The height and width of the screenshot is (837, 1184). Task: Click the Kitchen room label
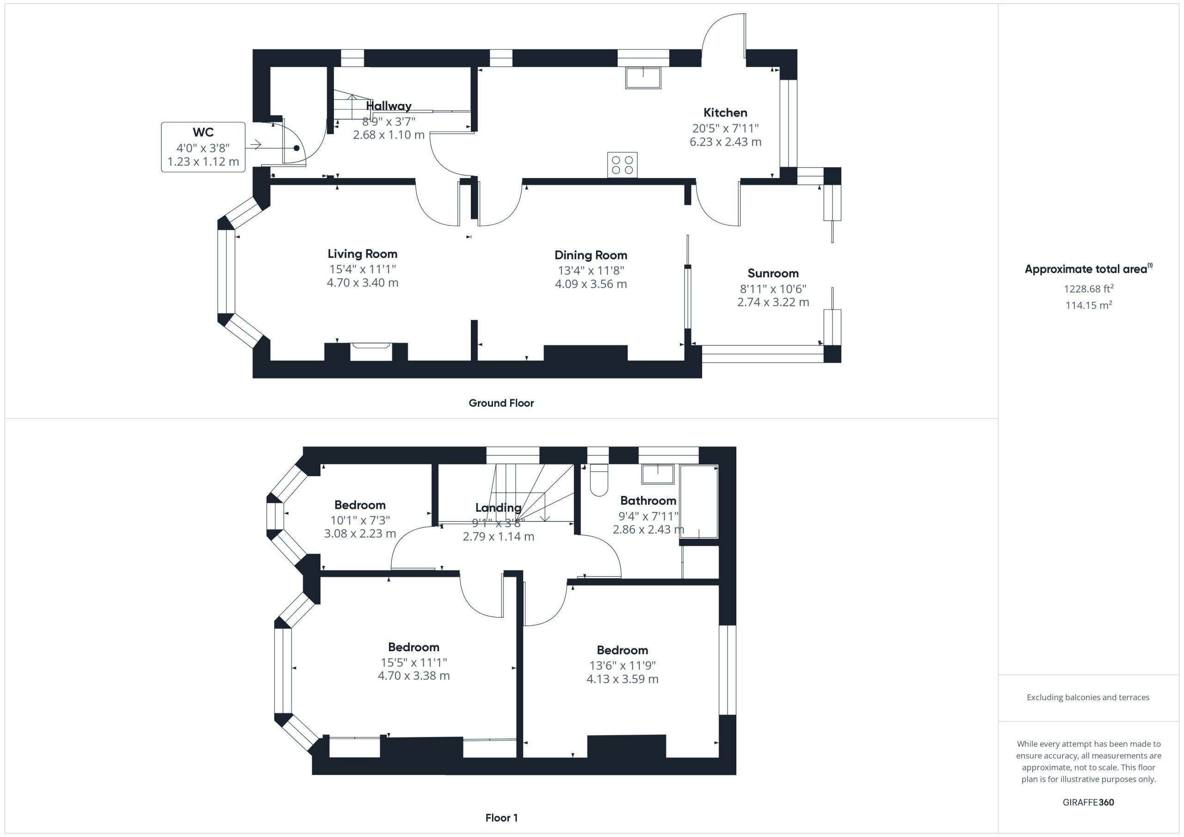pos(725,112)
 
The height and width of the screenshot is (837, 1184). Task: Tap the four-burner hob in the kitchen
pos(623,165)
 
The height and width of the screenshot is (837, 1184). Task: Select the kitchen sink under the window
pos(643,78)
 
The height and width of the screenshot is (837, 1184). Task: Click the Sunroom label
pos(773,273)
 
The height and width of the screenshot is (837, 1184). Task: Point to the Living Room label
pos(363,254)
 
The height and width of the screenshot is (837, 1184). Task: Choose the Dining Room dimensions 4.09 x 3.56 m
pos(591,284)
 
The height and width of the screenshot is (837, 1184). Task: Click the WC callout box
pos(203,147)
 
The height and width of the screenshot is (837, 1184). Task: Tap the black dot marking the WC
pos(296,148)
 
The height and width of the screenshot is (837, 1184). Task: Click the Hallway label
pos(389,106)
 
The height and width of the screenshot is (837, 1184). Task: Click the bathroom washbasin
pos(658,474)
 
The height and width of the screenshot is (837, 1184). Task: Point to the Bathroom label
pos(648,501)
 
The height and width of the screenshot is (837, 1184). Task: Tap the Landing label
pos(498,507)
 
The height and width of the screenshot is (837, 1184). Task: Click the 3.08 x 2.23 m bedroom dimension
pos(360,533)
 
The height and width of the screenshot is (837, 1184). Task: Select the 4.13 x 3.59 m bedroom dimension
pos(623,679)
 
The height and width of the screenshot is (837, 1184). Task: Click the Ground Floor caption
pos(501,403)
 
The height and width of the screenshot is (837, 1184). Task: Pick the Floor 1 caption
pos(502,818)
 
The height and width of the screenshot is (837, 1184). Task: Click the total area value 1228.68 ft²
pos(1089,288)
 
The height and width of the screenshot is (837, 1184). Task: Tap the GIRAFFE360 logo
pos(1089,802)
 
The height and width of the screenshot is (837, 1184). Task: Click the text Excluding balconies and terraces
pos(1088,697)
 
